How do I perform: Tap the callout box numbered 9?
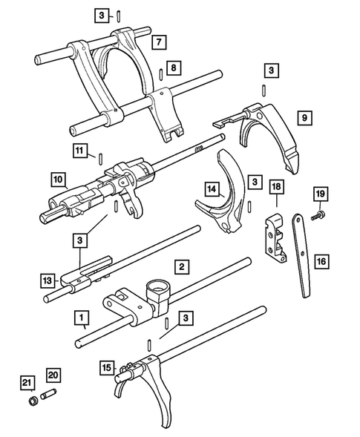[304, 116]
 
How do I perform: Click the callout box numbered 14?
[212, 190]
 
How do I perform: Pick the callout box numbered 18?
[275, 187]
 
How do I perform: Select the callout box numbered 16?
[321, 261]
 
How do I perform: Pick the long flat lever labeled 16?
[303, 256]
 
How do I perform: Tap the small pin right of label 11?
[99, 156]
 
